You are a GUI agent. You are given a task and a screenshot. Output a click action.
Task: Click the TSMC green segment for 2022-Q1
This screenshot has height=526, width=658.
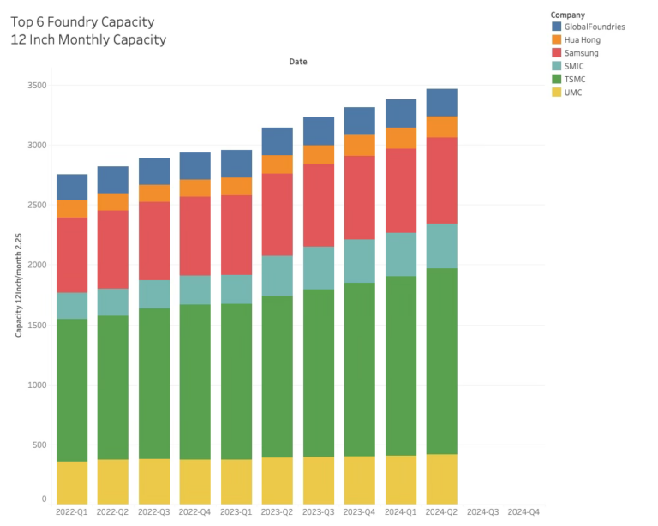72,390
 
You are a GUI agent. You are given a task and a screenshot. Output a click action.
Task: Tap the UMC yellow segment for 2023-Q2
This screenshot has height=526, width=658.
278,480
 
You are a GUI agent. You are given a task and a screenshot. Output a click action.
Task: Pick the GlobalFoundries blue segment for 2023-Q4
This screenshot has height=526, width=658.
360,121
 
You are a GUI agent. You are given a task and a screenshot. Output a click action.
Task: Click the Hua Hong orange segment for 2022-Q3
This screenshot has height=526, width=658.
154,193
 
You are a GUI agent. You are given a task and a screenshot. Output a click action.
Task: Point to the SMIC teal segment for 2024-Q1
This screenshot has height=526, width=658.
401,254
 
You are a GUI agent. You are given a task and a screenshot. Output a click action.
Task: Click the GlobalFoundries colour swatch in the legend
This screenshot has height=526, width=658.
557,27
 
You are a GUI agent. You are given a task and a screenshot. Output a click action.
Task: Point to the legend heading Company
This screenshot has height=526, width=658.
569,15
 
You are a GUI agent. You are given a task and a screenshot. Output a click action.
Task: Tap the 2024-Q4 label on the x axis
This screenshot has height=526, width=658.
524,511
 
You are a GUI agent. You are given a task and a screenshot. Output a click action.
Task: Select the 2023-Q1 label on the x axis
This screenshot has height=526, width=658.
236,511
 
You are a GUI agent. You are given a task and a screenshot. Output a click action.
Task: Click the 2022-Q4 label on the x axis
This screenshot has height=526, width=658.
195,511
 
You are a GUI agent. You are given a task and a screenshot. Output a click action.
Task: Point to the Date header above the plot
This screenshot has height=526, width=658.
297,62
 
